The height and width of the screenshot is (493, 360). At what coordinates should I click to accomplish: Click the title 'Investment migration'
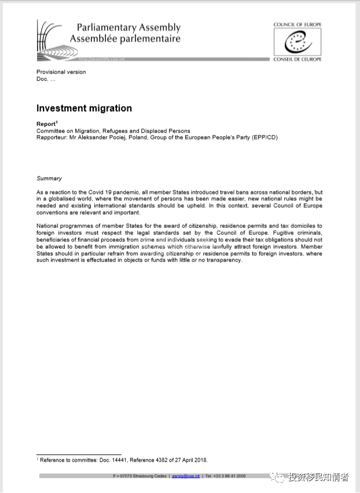84,108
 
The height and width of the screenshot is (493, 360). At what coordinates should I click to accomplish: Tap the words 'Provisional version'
61,72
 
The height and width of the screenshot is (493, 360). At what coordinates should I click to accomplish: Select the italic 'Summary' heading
49,178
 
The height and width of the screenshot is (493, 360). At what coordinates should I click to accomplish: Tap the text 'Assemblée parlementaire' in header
125,39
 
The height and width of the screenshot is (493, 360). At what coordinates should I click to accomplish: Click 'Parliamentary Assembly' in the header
128,27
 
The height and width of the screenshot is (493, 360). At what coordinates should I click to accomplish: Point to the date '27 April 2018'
189,461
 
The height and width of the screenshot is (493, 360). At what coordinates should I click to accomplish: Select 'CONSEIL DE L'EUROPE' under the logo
297,59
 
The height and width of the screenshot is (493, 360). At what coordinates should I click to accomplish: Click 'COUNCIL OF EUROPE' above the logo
297,25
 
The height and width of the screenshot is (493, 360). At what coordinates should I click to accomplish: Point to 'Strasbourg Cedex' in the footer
149,476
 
